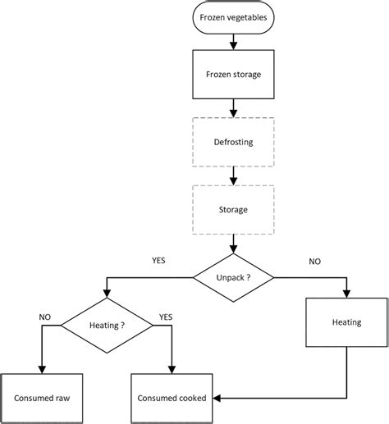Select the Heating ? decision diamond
(105, 325)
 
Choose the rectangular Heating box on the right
(346, 322)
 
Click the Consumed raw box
(39, 399)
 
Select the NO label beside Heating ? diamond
(45, 315)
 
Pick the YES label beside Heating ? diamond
(165, 315)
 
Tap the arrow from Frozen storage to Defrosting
(235, 107)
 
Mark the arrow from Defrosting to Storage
(235, 175)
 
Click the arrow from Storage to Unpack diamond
(235, 243)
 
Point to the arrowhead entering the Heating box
(346, 293)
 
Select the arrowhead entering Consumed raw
(39, 370)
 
